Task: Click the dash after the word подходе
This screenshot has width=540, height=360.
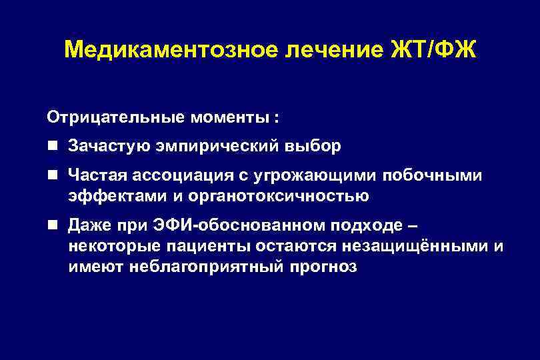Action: click(413, 225)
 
